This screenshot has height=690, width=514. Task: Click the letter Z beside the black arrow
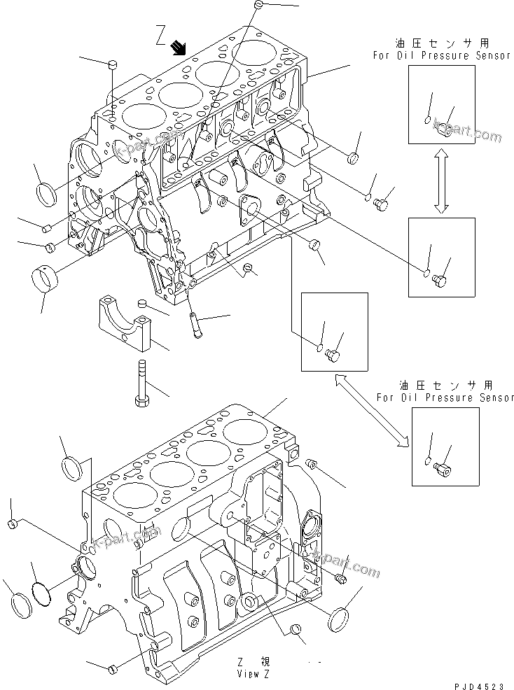(x=160, y=33)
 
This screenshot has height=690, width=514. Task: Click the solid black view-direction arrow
(x=179, y=47)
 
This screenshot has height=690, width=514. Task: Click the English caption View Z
(x=253, y=674)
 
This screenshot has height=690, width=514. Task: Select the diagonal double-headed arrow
(x=371, y=409)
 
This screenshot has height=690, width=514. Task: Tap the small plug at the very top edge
(x=258, y=6)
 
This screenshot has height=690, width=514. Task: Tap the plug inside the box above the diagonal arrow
(x=333, y=356)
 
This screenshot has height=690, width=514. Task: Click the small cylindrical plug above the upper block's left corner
(x=111, y=65)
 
